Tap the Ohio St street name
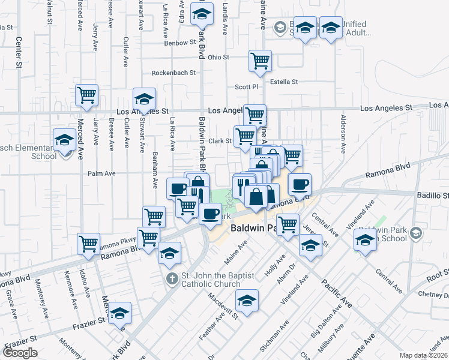coord(218,57)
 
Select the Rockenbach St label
coord(173,73)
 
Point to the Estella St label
coord(284,82)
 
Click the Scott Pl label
coord(246,86)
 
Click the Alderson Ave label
coord(344,134)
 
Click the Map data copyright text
coord(424,355)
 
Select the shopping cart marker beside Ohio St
coord(260,61)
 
